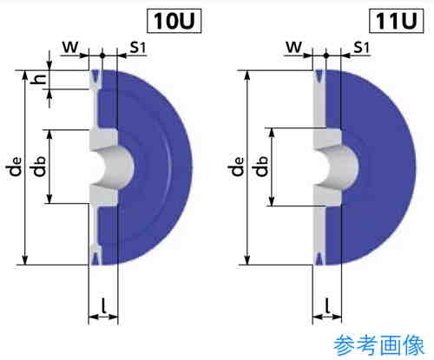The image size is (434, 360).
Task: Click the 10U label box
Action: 174,21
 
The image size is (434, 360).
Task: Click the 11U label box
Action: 397,21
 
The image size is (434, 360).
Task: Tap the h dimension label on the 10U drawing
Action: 39,79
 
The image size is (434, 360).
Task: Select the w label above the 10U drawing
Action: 70,47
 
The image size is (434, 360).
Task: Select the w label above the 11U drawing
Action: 294,47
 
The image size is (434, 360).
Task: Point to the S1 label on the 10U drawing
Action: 137,47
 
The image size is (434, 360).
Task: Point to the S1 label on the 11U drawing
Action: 362,47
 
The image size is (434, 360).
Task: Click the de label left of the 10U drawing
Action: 15,167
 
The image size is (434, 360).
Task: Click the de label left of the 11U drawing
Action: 237,167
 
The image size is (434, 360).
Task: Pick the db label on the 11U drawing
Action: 261,167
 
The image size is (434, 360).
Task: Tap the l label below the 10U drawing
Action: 103,306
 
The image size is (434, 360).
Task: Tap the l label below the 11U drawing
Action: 327,306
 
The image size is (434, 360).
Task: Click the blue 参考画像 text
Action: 378,345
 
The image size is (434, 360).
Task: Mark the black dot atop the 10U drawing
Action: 102,56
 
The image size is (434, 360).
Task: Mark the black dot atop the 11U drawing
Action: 325,56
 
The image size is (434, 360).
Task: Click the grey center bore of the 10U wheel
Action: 115,167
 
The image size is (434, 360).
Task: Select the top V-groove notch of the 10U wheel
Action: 95,77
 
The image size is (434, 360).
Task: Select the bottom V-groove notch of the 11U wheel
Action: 319,258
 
